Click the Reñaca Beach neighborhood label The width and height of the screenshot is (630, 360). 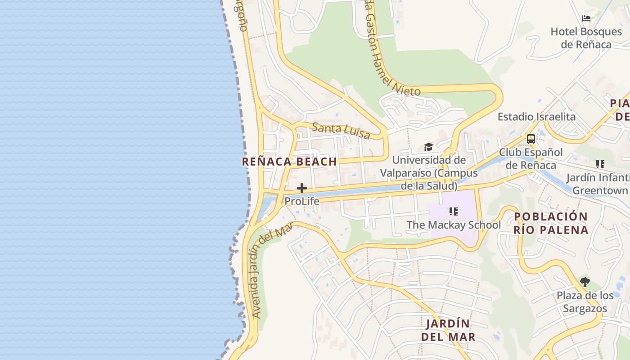[x=289, y=162]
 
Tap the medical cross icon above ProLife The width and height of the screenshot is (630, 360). [x=302, y=188]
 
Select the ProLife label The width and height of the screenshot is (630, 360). [x=302, y=201]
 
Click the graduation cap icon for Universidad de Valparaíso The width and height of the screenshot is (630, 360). [x=428, y=147]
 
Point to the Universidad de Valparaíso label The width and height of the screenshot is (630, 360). [x=429, y=173]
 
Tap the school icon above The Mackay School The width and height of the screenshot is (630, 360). [x=453, y=211]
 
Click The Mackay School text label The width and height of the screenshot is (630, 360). [x=454, y=225]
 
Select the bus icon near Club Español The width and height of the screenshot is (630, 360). [x=531, y=139]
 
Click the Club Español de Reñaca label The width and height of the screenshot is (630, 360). [x=531, y=158]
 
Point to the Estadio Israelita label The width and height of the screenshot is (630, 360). [x=536, y=117]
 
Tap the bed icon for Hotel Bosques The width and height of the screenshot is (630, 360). [x=586, y=18]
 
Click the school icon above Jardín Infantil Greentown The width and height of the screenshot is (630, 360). [x=600, y=164]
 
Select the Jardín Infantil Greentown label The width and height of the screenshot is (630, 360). [x=598, y=184]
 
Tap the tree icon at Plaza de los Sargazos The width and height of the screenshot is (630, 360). [x=585, y=282]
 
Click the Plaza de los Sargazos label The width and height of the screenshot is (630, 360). [x=585, y=302]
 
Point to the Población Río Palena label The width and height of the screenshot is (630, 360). [x=551, y=223]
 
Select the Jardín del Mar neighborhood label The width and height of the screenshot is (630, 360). [x=448, y=330]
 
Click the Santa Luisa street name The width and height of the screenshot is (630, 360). [x=341, y=130]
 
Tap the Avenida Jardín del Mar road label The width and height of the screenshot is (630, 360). [x=271, y=270]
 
